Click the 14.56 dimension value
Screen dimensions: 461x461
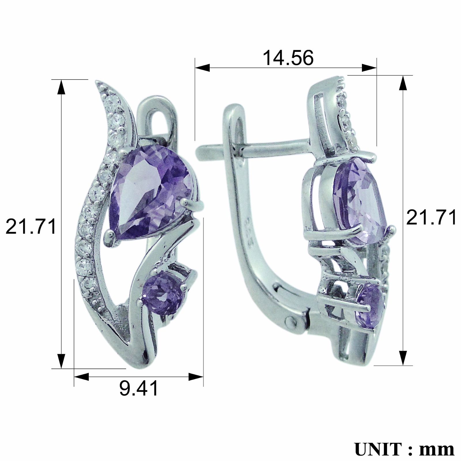click(x=288, y=58)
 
